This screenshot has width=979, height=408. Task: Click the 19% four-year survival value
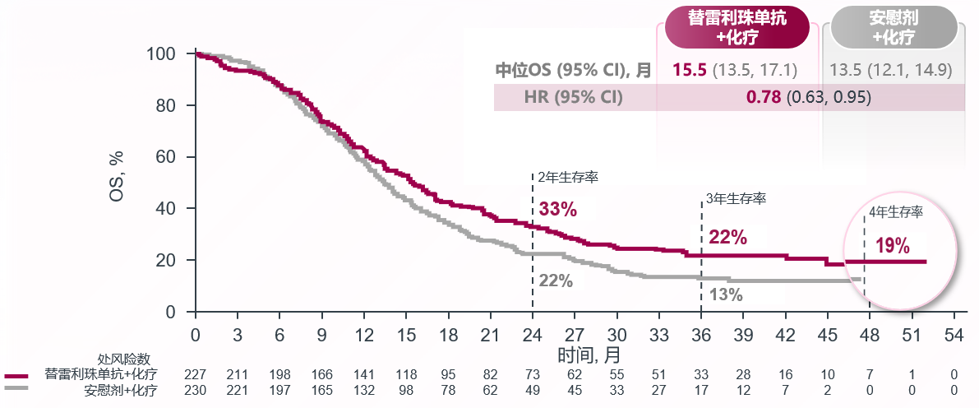coord(892,245)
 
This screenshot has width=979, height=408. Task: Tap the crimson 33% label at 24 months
coord(557,209)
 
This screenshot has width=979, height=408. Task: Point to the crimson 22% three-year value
coord(727,238)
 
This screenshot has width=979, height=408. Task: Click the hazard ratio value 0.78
coord(764,97)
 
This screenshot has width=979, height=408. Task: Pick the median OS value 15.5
coord(689,70)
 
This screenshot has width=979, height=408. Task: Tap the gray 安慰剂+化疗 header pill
coord(894,28)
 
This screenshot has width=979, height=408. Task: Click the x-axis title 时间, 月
coord(589,355)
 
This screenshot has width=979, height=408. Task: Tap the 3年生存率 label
coord(737,198)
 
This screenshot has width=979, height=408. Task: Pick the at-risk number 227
coord(195,375)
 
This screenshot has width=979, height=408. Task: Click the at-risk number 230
coord(195,389)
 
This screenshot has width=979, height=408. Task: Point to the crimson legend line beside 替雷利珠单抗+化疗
coord(16,376)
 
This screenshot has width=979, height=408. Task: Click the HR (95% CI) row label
coord(573,97)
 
